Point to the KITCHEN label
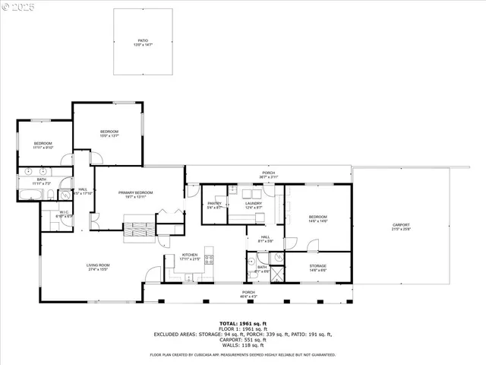189,256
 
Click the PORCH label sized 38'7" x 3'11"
268,175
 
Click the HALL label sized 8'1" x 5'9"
265,239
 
